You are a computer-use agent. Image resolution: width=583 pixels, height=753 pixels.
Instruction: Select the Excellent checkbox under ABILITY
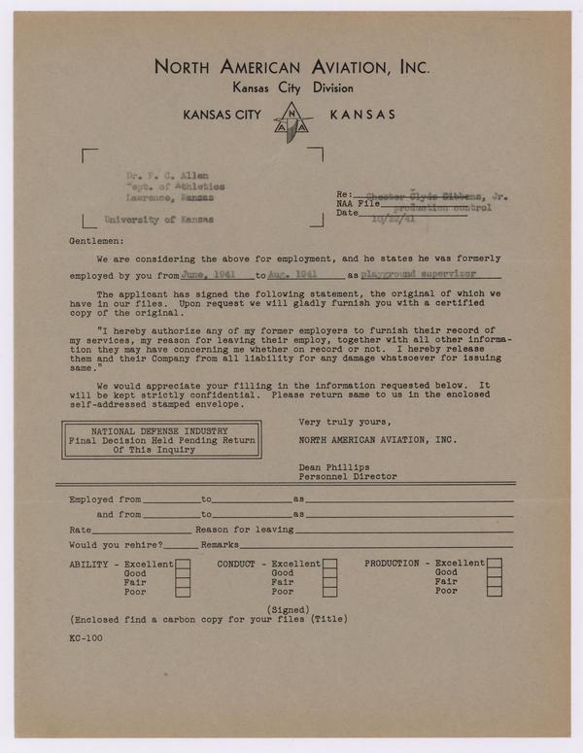tap(183, 564)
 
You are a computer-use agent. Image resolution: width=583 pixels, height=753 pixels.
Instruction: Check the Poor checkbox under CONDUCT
tap(330, 592)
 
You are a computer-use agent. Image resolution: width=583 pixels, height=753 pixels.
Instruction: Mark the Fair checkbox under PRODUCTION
tap(495, 582)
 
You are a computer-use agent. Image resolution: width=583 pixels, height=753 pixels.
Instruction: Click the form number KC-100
tap(86, 638)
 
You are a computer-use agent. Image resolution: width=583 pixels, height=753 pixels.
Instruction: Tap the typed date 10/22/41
tap(393, 220)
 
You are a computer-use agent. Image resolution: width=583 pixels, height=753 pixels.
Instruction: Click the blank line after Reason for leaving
tap(403, 531)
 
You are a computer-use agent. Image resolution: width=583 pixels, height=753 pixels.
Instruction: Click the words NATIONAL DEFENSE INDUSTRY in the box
tap(161, 429)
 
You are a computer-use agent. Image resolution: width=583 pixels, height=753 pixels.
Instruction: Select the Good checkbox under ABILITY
tap(183, 573)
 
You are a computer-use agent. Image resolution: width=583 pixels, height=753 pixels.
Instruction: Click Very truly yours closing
tap(345, 422)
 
